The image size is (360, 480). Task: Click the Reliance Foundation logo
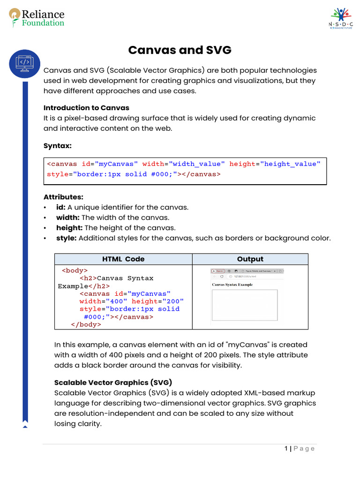coord(37,18)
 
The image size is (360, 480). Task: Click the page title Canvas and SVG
coord(180,50)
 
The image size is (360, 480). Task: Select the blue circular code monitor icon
coord(24,63)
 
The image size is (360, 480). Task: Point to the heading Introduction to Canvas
coord(86,108)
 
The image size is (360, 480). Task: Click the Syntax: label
coord(57,146)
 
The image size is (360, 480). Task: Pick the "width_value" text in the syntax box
coord(196,164)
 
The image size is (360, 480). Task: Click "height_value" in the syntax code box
coord(291,164)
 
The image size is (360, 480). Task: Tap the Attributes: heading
coord(63,197)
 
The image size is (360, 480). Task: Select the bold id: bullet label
coord(61,207)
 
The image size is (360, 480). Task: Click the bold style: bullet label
coord(66,238)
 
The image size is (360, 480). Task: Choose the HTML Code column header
coord(123,259)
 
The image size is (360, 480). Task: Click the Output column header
coord(250,259)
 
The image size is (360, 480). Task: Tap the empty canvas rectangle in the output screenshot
coord(244,305)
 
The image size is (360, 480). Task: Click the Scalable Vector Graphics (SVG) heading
coord(113,382)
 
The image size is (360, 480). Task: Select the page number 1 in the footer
coord(286,449)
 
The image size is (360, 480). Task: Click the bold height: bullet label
coord(69,228)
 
